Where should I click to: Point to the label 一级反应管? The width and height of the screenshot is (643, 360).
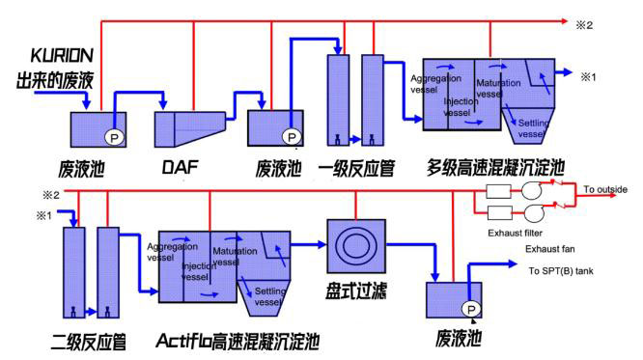[356, 166]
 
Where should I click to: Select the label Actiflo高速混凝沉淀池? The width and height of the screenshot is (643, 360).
[238, 341]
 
